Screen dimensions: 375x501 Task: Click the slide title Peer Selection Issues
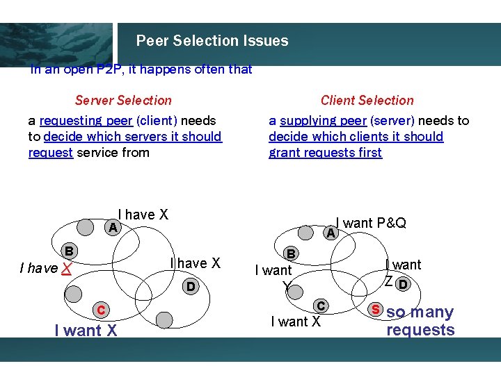pyautogui.click(x=212, y=41)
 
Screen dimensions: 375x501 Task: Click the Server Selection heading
pyautogui.click(x=123, y=101)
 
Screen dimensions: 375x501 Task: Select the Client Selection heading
pyautogui.click(x=367, y=101)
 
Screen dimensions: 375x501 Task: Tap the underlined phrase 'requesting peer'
pyautogui.click(x=86, y=121)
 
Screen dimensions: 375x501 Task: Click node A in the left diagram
pyautogui.click(x=111, y=228)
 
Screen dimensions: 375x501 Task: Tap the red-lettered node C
pyautogui.click(x=101, y=310)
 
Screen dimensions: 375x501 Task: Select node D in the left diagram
pyautogui.click(x=189, y=286)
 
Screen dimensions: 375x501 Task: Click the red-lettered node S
pyautogui.click(x=375, y=308)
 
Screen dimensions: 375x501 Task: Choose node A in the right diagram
pyautogui.click(x=331, y=235)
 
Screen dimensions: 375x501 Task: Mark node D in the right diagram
pyautogui.click(x=403, y=283)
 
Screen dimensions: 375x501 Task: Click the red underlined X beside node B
pyautogui.click(x=65, y=269)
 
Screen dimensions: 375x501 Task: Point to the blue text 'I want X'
pyautogui.click(x=86, y=331)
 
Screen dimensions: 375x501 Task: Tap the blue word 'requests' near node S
pyautogui.click(x=420, y=330)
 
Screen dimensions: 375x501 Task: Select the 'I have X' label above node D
pyautogui.click(x=196, y=263)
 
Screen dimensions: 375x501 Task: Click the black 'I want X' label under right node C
pyautogui.click(x=296, y=321)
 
